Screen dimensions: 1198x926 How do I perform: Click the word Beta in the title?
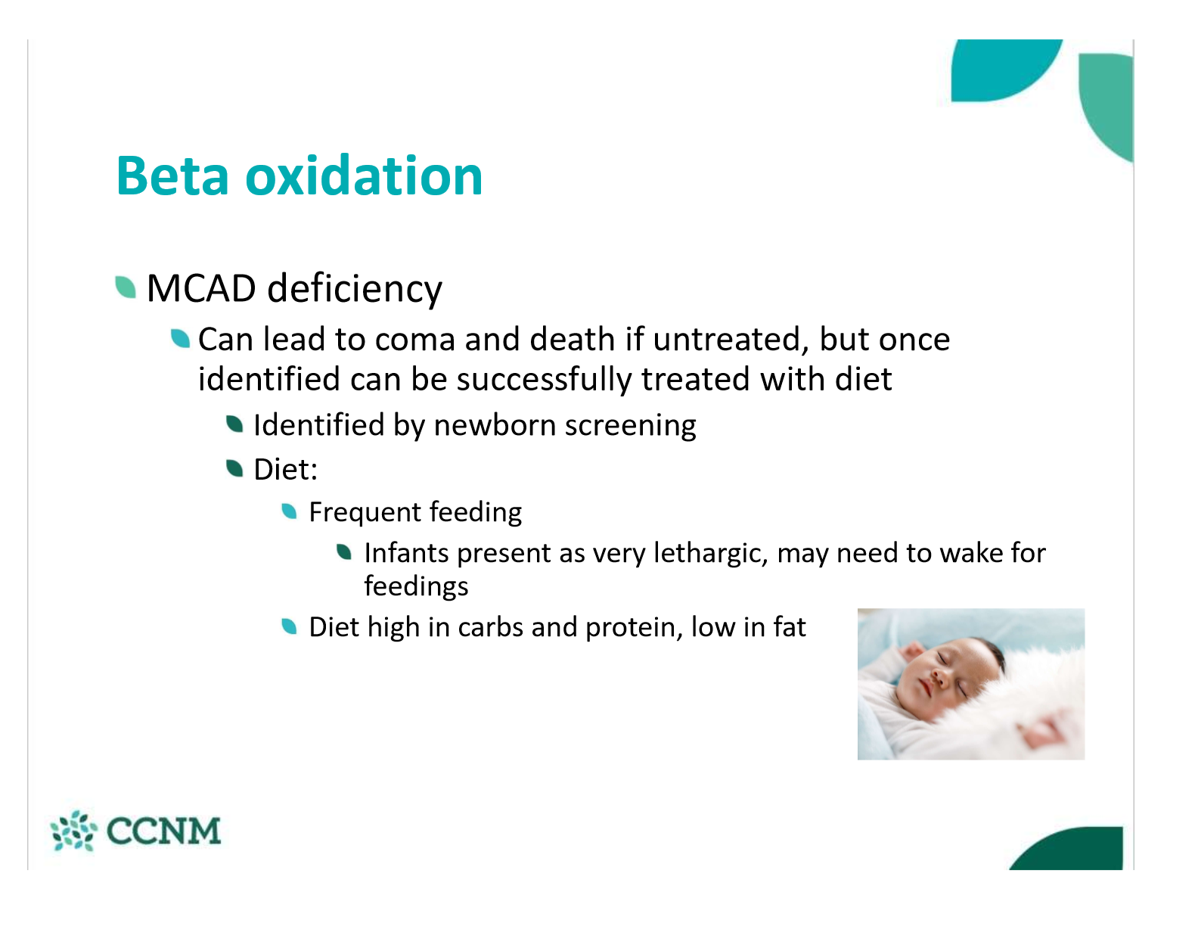point(172,176)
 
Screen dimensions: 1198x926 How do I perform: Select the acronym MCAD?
point(201,288)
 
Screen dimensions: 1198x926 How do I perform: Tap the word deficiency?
point(355,290)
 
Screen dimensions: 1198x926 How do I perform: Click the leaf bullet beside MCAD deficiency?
point(126,287)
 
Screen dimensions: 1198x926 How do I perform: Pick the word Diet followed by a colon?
point(286,469)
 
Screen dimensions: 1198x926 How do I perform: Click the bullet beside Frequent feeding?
point(289,511)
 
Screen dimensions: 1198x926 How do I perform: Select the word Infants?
point(406,552)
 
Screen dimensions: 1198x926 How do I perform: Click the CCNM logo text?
point(163,831)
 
